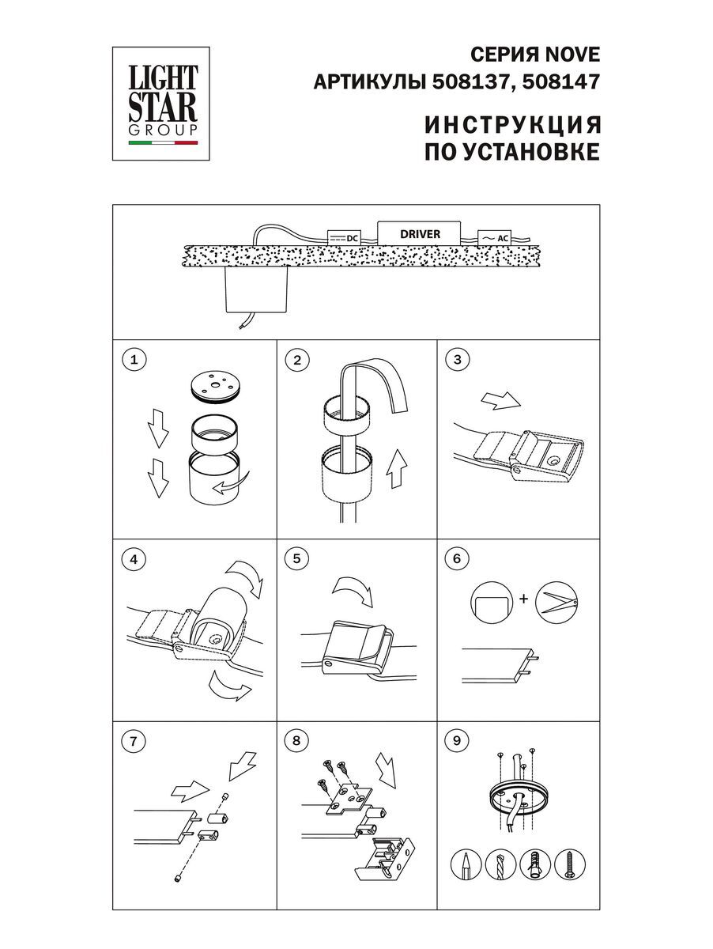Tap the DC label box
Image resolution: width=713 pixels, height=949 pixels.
344,237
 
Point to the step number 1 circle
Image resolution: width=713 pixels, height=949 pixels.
134,361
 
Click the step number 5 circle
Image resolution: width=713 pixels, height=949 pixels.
296,558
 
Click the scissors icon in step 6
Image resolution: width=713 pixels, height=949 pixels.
557,601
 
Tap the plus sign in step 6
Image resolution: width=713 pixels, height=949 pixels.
522,599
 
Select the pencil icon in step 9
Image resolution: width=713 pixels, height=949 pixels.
467,865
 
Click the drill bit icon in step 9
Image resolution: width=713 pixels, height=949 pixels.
501,865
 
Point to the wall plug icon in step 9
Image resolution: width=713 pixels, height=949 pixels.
535,865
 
